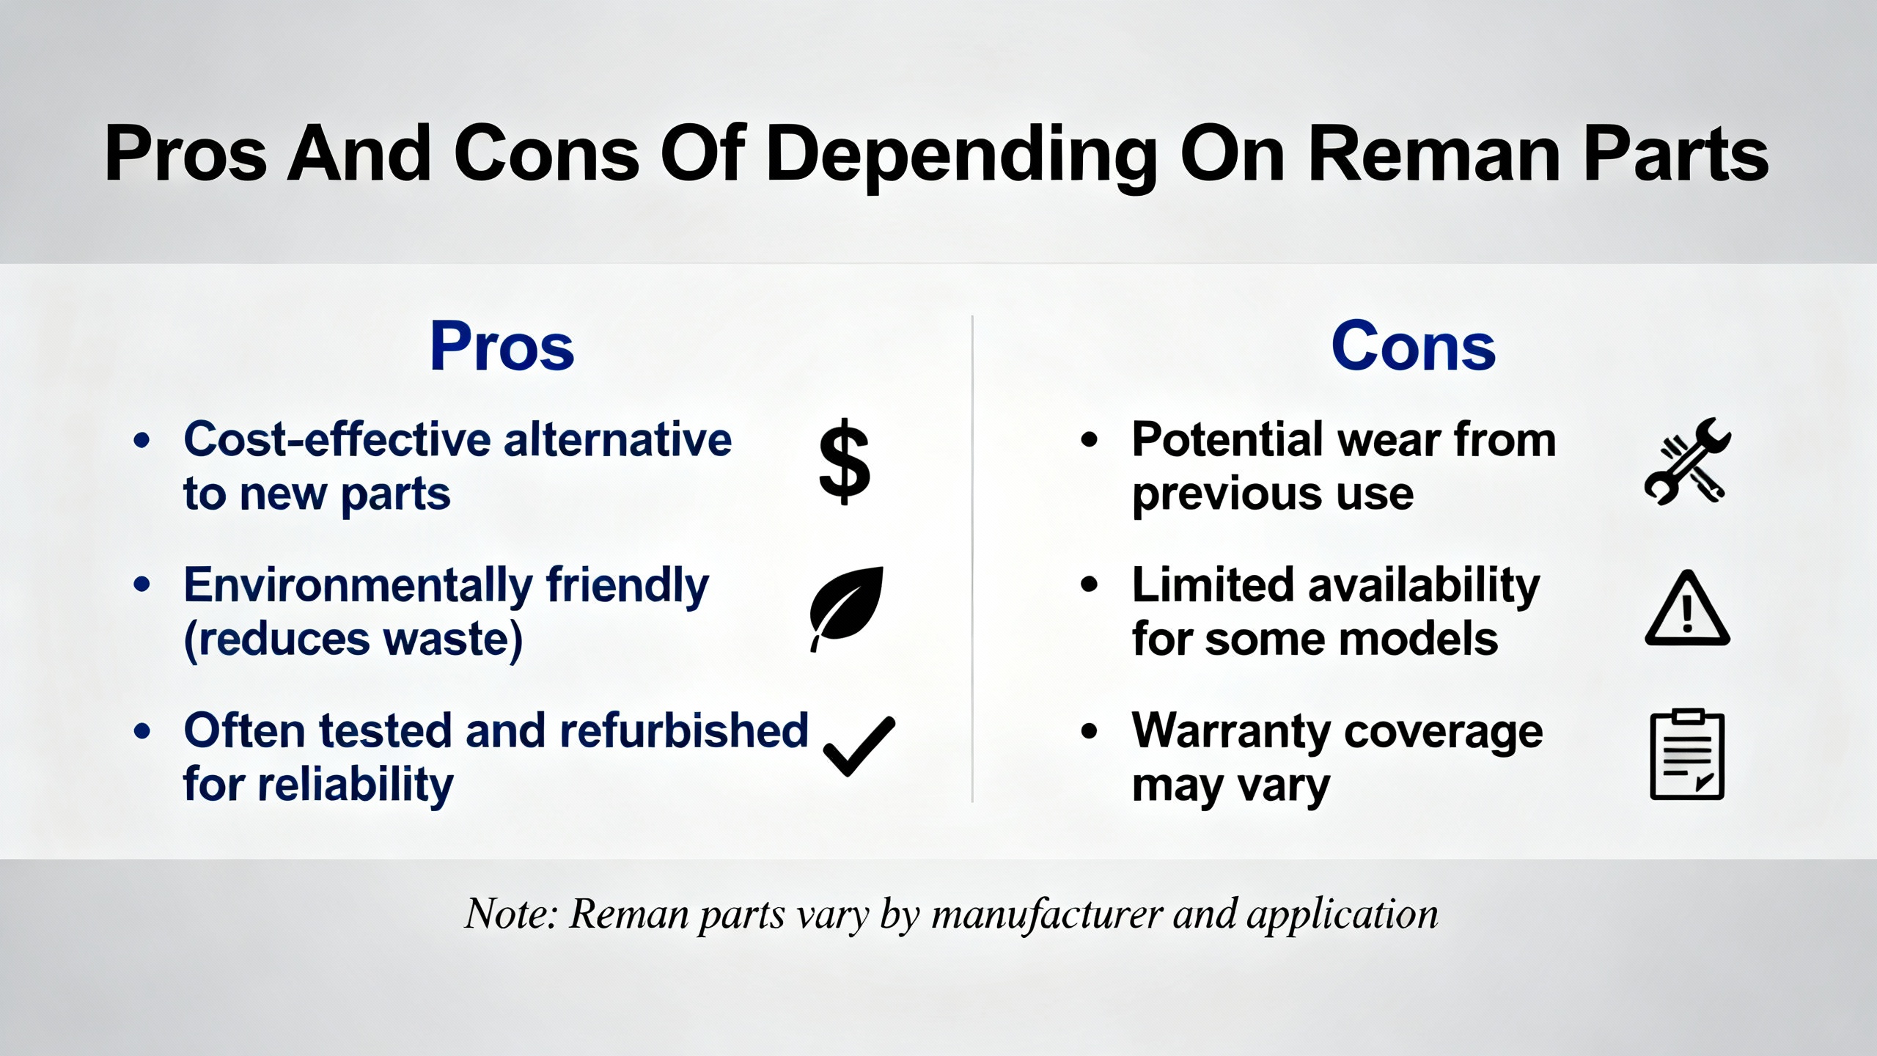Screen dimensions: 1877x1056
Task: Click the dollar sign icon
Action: [845, 461]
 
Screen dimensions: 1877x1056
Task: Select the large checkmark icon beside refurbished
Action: [859, 747]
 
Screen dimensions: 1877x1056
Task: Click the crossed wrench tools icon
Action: [1688, 461]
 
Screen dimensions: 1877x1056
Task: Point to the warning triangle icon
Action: [1687, 608]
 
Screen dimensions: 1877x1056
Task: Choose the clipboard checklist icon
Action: [1687, 755]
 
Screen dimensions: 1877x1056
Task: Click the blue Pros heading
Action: [502, 346]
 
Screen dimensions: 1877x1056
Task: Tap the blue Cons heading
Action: [1413, 346]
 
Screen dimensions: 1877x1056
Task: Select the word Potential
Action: [1229, 439]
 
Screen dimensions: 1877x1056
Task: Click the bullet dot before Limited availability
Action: [1090, 584]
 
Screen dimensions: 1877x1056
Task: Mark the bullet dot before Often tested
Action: [142, 731]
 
